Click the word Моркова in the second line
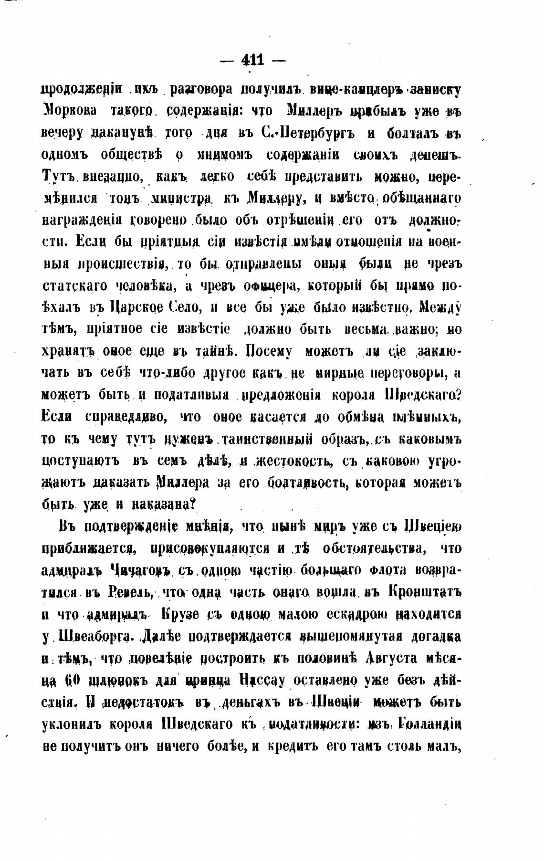click(x=68, y=110)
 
